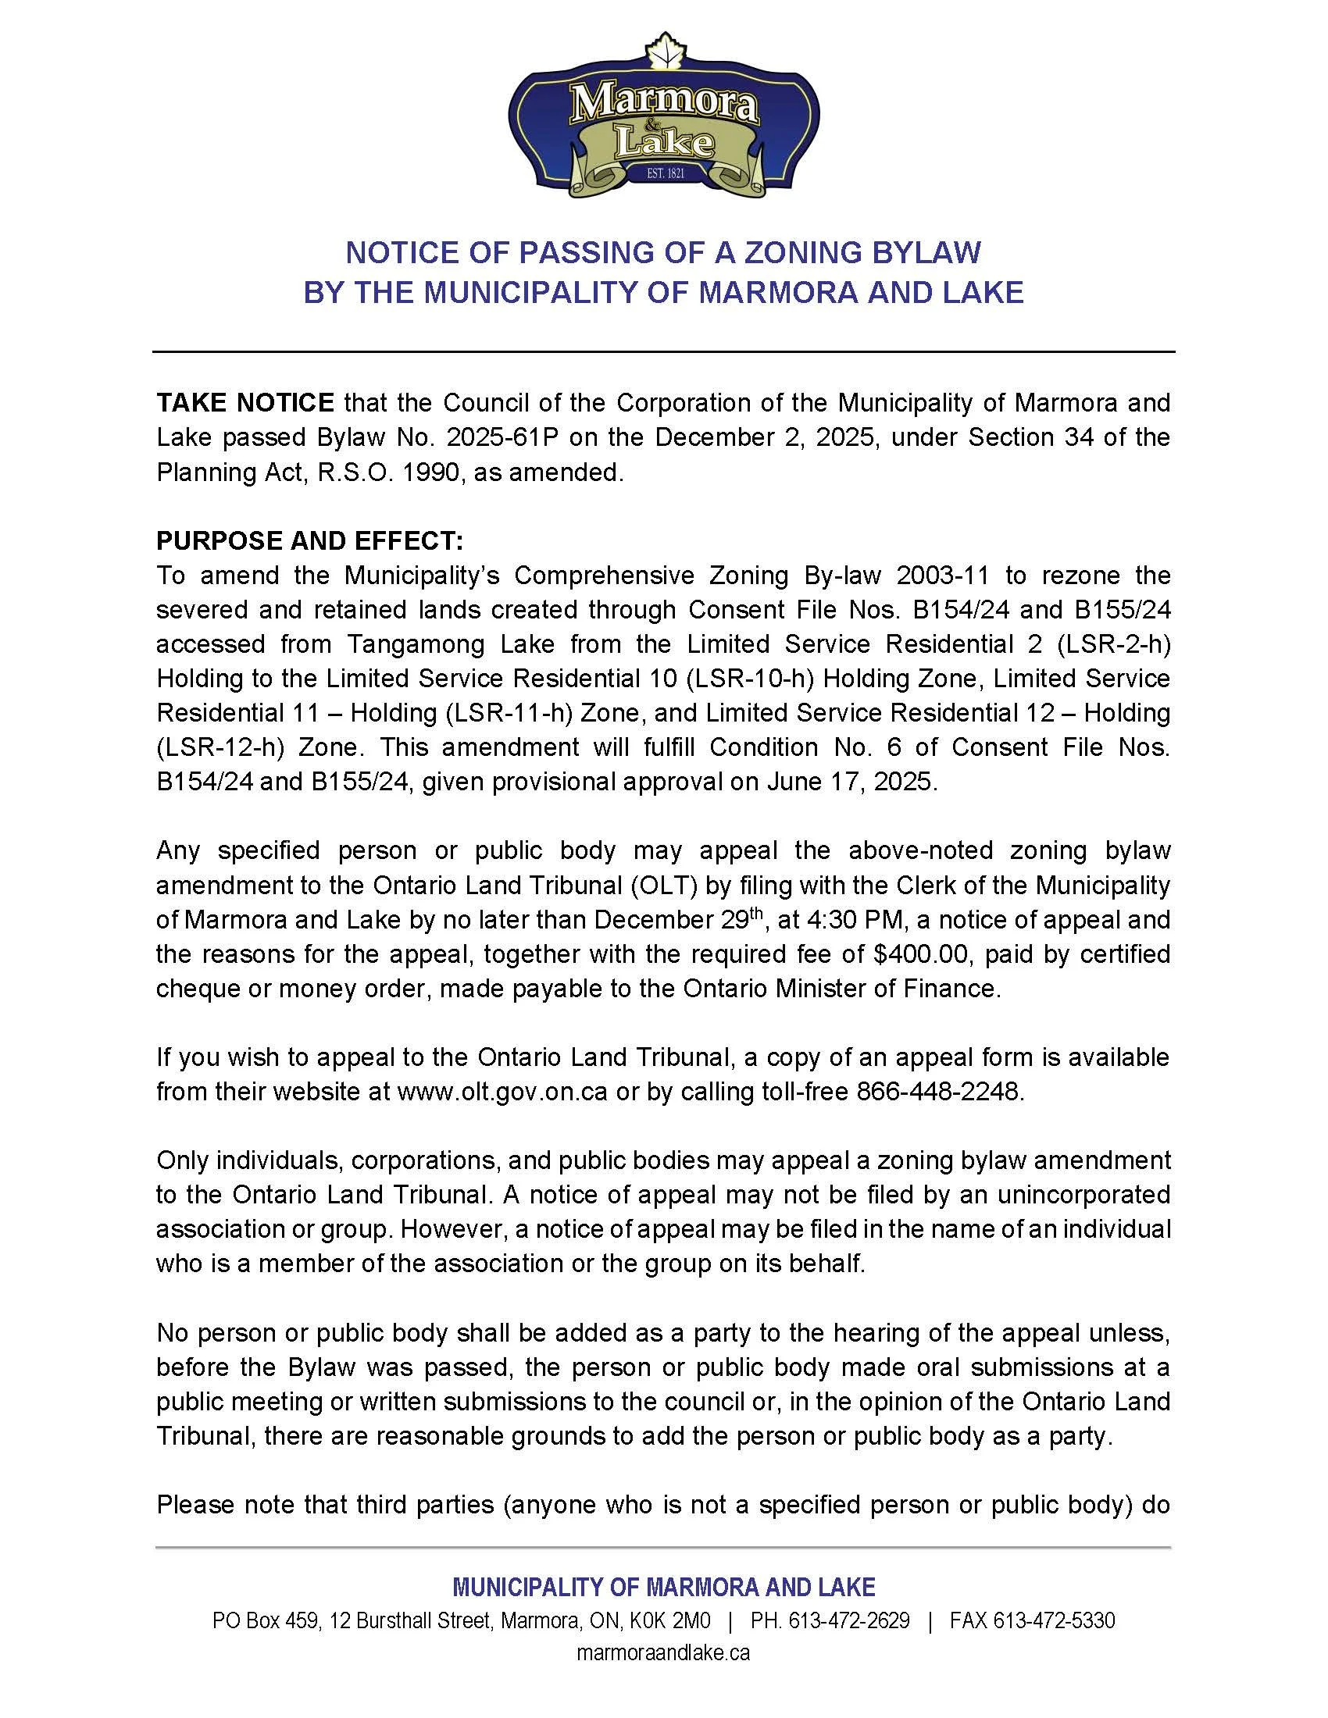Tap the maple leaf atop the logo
(663, 48)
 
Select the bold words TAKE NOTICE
(245, 403)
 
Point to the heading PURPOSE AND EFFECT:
(310, 540)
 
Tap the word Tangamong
(415, 644)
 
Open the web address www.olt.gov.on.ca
(503, 1092)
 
